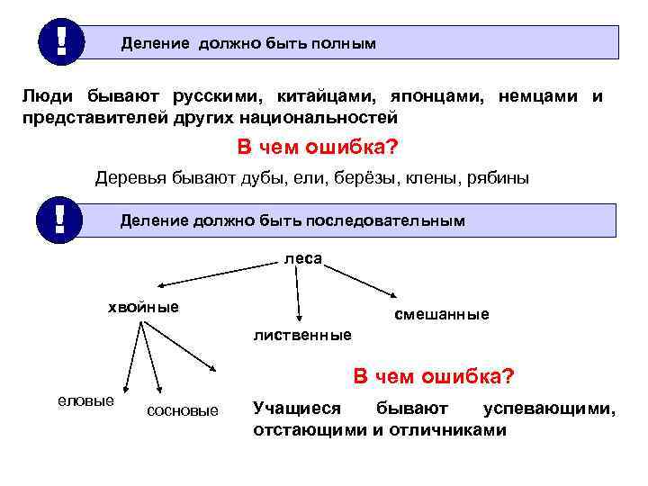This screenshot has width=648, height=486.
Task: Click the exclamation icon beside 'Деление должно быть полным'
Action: (x=60, y=40)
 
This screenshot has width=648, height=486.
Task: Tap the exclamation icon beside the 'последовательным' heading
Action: (x=60, y=220)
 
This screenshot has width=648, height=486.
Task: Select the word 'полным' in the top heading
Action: (x=344, y=43)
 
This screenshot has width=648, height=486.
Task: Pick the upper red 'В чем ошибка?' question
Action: (x=318, y=148)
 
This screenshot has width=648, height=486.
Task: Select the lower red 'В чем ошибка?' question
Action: (x=434, y=375)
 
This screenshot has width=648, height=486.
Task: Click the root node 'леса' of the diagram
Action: (x=303, y=258)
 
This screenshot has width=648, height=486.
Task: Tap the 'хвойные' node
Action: (x=143, y=308)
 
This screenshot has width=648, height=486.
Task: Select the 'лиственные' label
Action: (x=303, y=336)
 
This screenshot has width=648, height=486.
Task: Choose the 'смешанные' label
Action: (x=442, y=314)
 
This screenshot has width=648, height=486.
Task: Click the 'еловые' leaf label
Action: (x=85, y=400)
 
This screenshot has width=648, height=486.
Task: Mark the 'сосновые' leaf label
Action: (x=182, y=410)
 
